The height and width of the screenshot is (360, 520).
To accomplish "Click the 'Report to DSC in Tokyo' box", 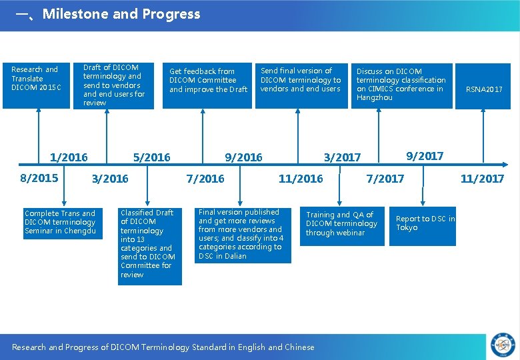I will click(423, 223).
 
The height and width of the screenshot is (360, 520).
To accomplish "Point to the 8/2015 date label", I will click(39, 178).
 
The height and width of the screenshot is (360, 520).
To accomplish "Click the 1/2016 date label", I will click(69, 157).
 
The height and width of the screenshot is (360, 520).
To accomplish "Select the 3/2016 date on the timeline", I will click(110, 179).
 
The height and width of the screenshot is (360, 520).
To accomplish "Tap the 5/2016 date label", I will click(151, 157).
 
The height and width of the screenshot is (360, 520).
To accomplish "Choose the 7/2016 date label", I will click(205, 179).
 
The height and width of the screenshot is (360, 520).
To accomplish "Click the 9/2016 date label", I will click(243, 157).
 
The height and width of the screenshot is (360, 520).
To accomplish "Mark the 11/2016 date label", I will click(301, 179).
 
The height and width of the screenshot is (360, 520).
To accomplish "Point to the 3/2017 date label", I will click(342, 157).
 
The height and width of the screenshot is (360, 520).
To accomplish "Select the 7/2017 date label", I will click(385, 179).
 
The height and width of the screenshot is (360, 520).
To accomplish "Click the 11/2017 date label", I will click(482, 179).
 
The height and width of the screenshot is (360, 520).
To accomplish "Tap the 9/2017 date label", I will click(425, 156).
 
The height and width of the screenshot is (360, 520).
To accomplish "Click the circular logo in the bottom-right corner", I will click(503, 344).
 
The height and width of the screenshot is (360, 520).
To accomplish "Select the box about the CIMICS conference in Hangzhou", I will click(402, 85).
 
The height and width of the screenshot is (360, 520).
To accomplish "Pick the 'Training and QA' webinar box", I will click(341, 224).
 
